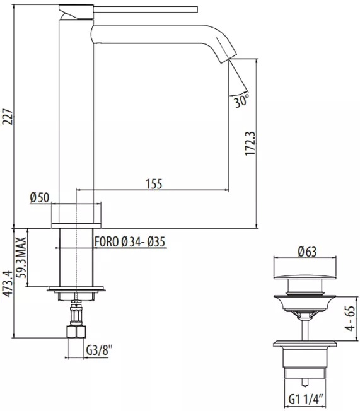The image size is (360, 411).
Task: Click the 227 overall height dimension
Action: tap(7, 117)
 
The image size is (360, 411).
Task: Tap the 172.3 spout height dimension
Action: tap(250, 144)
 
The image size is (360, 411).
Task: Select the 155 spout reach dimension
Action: tap(154, 183)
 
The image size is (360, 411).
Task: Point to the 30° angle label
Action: tap(241, 100)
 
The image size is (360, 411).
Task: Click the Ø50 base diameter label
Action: tap(40, 197)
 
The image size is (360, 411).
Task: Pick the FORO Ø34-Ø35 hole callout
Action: tap(130, 241)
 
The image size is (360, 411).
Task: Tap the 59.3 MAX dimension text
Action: tap(21, 258)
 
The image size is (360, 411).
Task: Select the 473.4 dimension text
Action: tap(7, 283)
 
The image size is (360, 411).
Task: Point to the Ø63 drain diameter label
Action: tap(307, 252)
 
